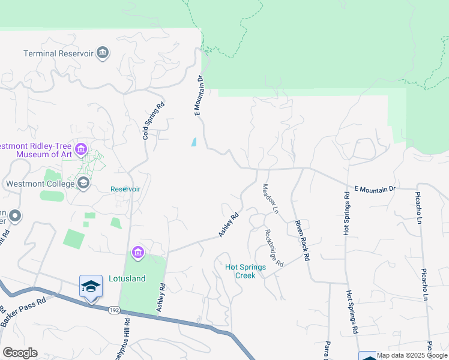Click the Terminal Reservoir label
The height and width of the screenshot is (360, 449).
pyautogui.click(x=58, y=53)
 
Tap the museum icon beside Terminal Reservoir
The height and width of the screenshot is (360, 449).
pyautogui.click(x=103, y=53)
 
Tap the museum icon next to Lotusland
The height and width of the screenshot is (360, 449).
pyautogui.click(x=138, y=253)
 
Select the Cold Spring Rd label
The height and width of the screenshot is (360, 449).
pyautogui.click(x=154, y=121)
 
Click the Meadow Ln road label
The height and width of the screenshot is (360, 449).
pyautogui.click(x=271, y=200)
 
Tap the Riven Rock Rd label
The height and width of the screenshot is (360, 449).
pyautogui.click(x=301, y=240)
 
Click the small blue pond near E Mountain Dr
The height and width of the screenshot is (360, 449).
pyautogui.click(x=193, y=142)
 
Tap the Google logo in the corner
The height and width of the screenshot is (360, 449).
pyautogui.click(x=20, y=353)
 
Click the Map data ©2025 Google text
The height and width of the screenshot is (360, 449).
pyautogui.click(x=412, y=355)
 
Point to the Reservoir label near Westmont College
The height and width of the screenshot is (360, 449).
pyautogui.click(x=125, y=189)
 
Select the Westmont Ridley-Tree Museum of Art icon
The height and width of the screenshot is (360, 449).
pyautogui.click(x=81, y=149)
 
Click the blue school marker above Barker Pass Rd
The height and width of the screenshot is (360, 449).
pyautogui.click(x=91, y=286)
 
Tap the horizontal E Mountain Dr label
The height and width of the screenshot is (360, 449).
pyautogui.click(x=375, y=189)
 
